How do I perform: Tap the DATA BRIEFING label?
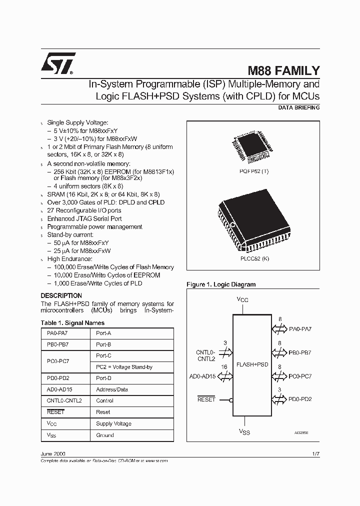click(298, 108)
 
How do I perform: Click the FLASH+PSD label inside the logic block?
click(252, 364)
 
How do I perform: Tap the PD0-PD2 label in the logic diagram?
click(300, 399)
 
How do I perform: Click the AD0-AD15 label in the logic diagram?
click(202, 376)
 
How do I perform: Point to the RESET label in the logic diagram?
click(206, 399)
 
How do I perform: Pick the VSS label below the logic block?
click(243, 431)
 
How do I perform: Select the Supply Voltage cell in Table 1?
click(113, 423)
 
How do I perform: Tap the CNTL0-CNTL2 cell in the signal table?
click(64, 400)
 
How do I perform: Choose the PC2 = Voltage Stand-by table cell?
click(124, 367)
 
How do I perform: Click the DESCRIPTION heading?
click(61, 295)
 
